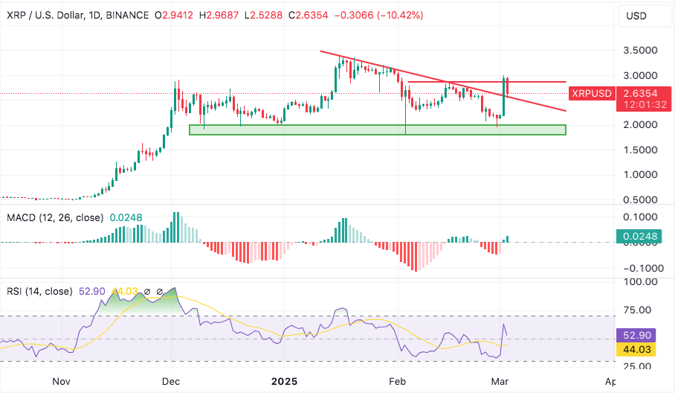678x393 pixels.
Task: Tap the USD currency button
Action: tap(637, 16)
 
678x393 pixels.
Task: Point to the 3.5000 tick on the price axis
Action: tap(639, 51)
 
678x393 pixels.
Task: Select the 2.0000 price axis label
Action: tap(639, 125)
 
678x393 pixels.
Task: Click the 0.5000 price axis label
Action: tap(639, 199)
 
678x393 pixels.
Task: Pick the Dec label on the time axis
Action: tap(172, 381)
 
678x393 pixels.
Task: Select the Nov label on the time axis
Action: tap(61, 381)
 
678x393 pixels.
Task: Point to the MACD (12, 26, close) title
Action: tap(54, 218)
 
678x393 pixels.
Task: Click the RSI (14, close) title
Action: tap(39, 291)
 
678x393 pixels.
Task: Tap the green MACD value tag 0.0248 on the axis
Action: tap(639, 237)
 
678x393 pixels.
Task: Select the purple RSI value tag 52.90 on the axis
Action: tap(639, 336)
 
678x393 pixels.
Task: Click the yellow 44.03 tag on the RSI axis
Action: tap(639, 348)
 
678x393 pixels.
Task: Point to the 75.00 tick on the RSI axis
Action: tap(639, 310)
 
